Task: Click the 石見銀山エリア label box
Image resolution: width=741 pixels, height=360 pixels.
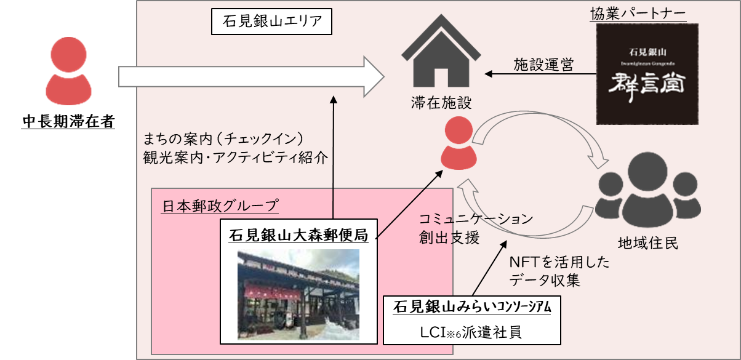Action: tap(271, 22)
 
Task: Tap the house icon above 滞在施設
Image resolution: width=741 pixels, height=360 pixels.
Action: tap(441, 57)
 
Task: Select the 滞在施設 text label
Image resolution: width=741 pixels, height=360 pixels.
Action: tap(441, 103)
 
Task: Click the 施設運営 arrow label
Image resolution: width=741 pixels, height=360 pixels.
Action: tap(543, 64)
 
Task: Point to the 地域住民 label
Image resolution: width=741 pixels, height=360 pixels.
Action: tap(648, 243)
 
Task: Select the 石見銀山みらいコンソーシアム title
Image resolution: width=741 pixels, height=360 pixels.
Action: tap(471, 306)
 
